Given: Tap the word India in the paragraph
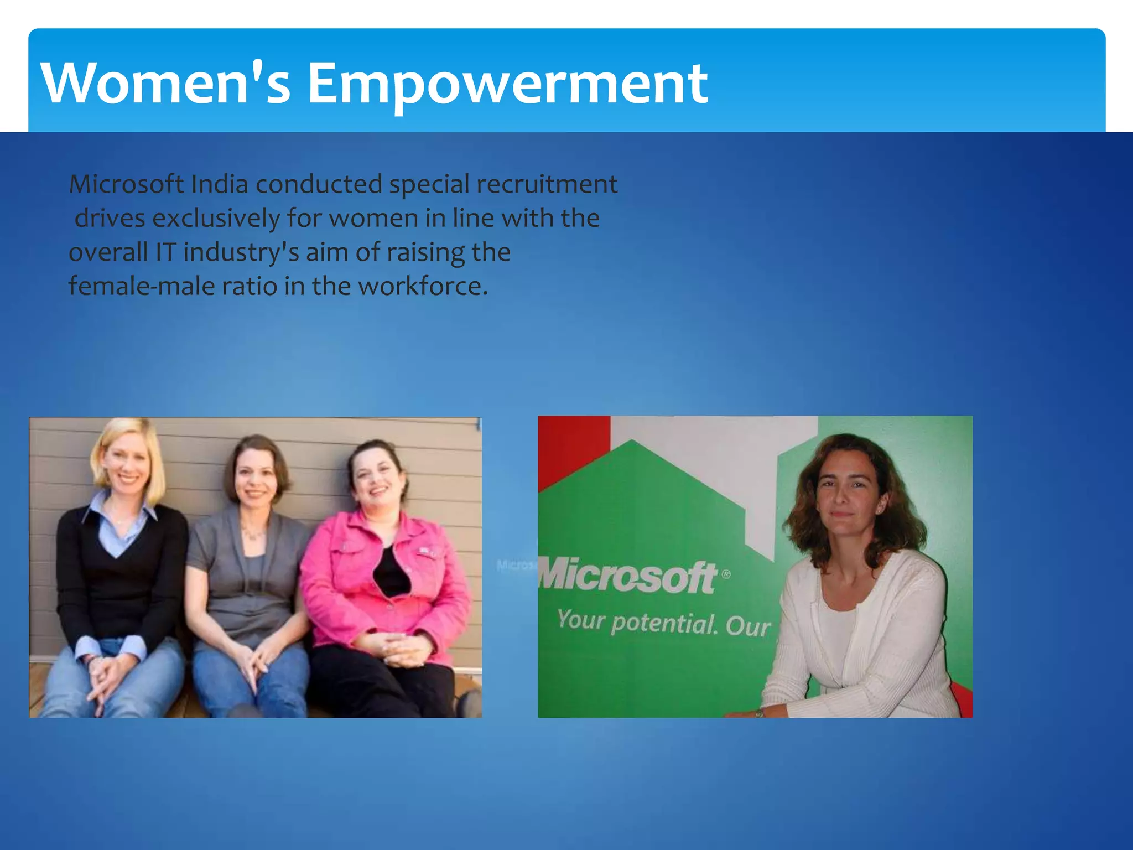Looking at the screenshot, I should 219,184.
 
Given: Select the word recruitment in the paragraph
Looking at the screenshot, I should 547,184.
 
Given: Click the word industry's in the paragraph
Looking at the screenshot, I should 241,253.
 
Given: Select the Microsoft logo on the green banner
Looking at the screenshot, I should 628,577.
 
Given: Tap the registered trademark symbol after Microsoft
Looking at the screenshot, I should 726,575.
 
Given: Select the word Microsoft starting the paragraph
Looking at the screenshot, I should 126,184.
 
